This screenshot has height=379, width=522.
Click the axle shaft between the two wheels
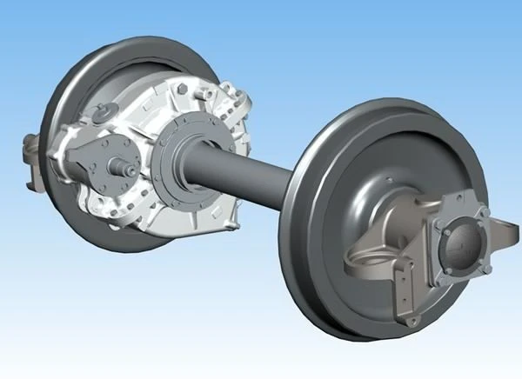point(244,174)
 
